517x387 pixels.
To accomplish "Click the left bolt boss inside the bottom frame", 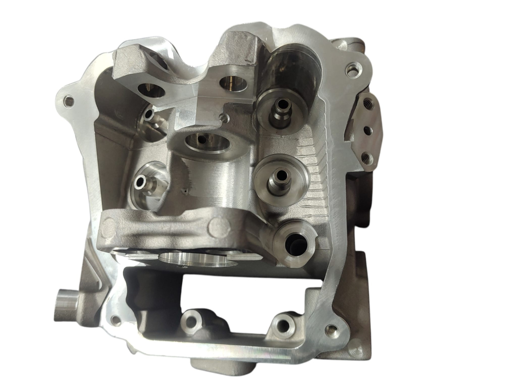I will pos(191,321).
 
